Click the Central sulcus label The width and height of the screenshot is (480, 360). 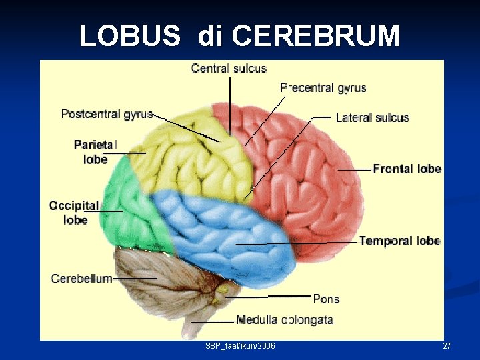tap(229, 68)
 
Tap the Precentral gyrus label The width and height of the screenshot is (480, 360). tap(323, 88)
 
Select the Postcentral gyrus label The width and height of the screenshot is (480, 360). tap(107, 114)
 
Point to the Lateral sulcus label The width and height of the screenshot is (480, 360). tap(372, 117)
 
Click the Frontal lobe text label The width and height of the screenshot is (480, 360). tap(407, 169)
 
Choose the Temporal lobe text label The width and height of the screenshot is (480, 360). tap(399, 241)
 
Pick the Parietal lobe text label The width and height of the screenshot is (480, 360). tap(95, 152)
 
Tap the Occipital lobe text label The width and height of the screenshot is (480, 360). tap(74, 213)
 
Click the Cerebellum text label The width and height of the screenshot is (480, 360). tap(81, 278)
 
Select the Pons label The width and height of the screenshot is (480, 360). tap(326, 299)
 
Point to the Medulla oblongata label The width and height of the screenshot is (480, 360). tap(285, 320)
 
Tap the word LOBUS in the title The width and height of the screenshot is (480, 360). tap(129, 36)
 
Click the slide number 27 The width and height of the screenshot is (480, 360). tap(447, 346)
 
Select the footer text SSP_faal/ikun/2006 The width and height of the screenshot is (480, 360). tap(241, 346)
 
